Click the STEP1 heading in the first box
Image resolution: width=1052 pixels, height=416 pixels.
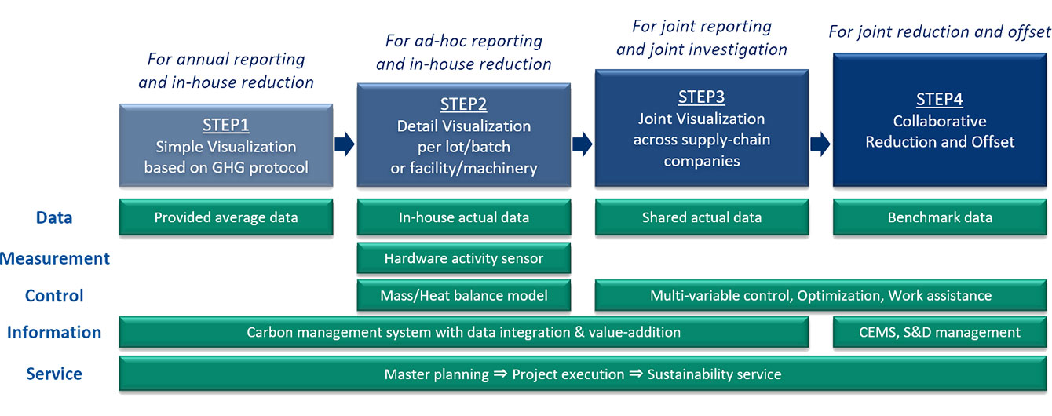[225, 124]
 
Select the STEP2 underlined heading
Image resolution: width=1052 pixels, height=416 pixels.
[463, 105]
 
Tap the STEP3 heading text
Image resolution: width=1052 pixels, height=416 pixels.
[701, 97]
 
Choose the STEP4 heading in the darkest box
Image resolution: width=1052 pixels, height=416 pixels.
[939, 100]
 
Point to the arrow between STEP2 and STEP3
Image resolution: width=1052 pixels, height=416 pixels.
[583, 144]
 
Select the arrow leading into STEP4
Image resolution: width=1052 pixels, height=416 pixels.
[820, 144]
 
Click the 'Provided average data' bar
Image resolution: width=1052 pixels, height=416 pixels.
[226, 217]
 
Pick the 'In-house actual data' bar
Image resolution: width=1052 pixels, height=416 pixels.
[463, 217]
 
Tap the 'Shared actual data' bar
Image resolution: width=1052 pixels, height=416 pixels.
[701, 217]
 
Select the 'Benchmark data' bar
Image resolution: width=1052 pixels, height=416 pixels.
[939, 217]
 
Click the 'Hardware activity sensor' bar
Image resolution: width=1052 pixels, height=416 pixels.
[463, 258]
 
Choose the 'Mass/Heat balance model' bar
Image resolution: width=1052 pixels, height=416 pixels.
[463, 296]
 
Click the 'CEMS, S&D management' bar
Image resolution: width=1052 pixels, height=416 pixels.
[939, 332]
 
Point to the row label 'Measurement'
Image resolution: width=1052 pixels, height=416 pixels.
[55, 258]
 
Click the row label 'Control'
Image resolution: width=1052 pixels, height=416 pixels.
[54, 296]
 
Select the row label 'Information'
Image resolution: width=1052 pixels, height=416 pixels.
[54, 332]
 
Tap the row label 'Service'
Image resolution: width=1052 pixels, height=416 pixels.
[54, 374]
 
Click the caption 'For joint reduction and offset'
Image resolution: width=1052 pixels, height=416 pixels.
[939, 32]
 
